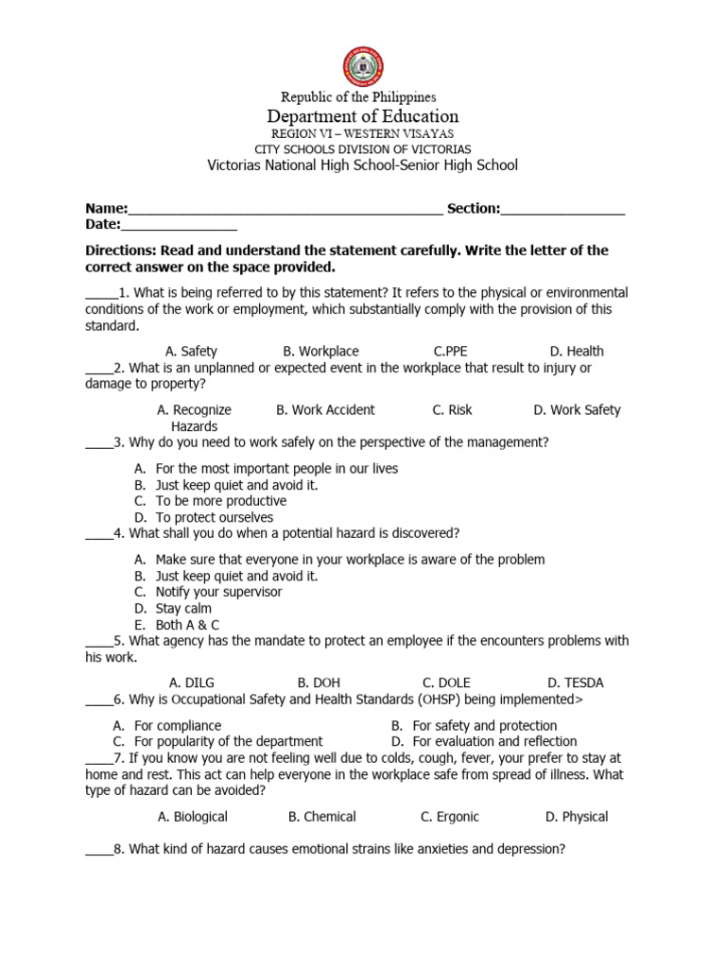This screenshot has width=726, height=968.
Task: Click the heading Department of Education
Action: (x=363, y=116)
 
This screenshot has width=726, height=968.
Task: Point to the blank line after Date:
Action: (x=179, y=226)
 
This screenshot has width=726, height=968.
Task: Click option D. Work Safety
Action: (x=577, y=410)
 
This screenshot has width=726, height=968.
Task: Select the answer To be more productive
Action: (x=220, y=501)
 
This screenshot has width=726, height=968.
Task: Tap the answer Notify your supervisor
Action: (x=218, y=592)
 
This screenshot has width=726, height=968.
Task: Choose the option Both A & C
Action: (x=187, y=625)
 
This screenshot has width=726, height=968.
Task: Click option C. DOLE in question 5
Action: (x=446, y=683)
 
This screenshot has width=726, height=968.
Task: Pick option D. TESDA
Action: (x=575, y=683)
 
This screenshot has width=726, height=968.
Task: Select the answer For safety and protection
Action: (x=484, y=726)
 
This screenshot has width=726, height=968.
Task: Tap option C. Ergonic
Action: (x=450, y=817)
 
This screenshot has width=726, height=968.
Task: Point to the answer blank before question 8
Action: (x=98, y=851)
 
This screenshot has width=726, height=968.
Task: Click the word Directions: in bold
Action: (x=121, y=251)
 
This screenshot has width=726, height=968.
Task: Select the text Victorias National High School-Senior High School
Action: (x=363, y=165)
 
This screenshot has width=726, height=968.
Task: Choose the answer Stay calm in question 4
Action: (x=183, y=609)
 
